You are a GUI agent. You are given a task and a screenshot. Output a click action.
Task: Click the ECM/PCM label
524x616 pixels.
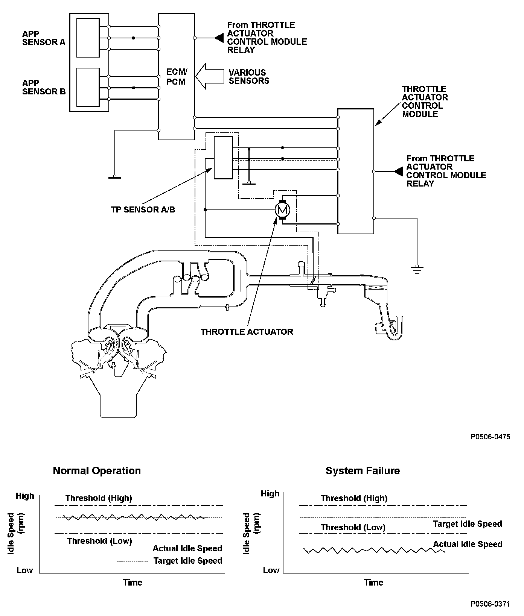(x=177, y=77)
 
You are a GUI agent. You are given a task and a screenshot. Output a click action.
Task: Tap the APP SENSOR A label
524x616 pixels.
(x=44, y=38)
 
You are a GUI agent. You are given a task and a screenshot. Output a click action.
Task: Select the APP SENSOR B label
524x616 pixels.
(x=44, y=87)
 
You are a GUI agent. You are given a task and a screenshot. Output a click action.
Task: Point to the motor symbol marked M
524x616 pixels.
(x=282, y=209)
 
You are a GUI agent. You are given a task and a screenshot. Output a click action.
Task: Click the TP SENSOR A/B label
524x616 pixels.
(x=143, y=210)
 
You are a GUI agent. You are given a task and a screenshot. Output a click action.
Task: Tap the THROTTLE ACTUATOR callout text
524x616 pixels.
(x=247, y=332)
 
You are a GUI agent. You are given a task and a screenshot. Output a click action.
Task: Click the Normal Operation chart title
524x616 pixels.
(x=97, y=471)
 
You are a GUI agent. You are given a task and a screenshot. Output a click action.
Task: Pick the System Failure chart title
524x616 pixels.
(x=363, y=471)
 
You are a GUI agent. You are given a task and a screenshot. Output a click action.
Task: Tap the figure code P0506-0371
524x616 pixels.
(x=490, y=604)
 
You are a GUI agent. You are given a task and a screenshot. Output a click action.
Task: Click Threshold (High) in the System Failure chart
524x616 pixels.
(x=354, y=499)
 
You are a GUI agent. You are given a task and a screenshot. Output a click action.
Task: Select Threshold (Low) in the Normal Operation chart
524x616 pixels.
(x=99, y=541)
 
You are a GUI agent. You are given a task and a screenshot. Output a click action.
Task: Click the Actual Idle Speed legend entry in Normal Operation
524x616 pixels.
(x=187, y=549)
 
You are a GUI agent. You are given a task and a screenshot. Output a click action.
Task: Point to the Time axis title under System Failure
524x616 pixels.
(x=373, y=583)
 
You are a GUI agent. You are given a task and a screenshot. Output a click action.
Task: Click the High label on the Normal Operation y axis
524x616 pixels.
(x=25, y=496)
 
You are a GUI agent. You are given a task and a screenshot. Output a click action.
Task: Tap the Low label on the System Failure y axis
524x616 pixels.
(x=271, y=570)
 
